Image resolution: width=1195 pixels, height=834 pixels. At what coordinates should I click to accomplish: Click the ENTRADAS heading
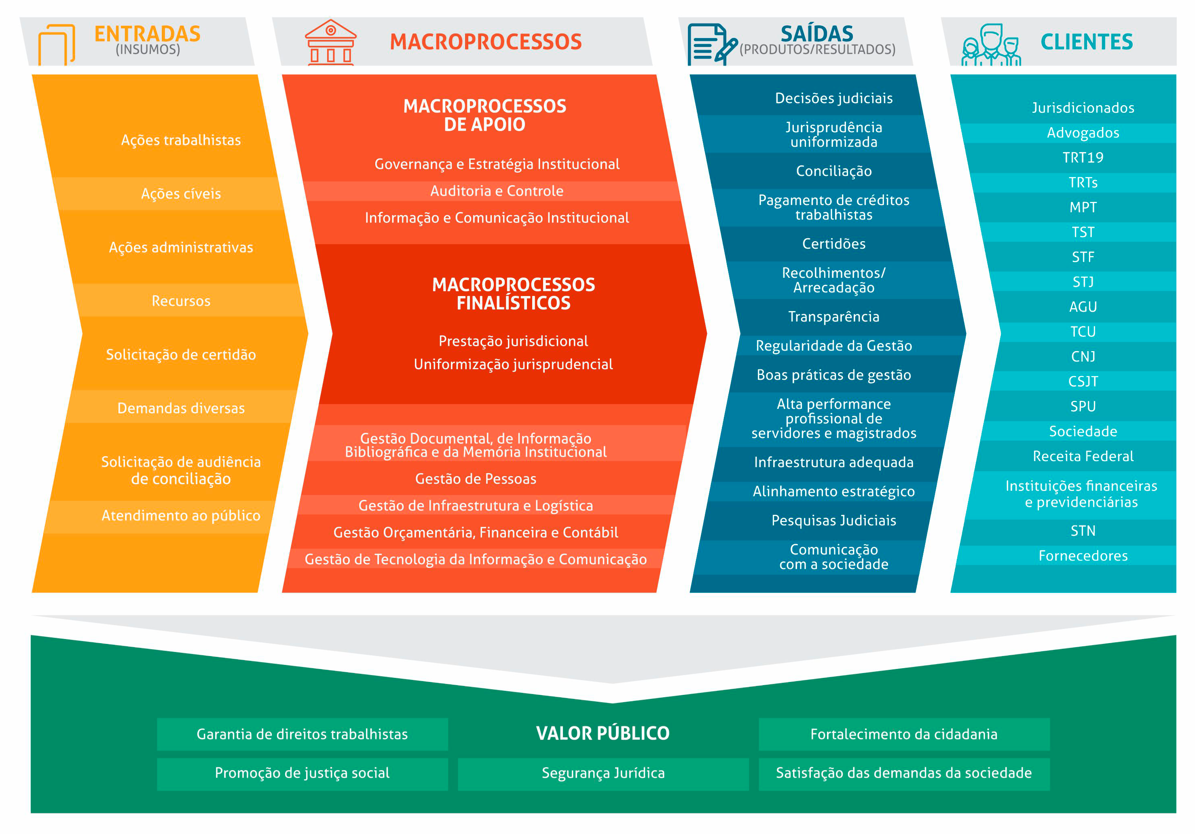tap(147, 34)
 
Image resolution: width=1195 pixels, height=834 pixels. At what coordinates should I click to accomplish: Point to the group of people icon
tap(991, 45)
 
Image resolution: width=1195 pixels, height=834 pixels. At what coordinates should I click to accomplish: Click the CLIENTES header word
tap(1087, 42)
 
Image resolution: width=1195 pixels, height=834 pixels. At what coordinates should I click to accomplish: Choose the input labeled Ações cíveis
tap(181, 194)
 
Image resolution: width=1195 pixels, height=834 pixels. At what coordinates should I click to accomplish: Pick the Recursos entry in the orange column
tap(181, 301)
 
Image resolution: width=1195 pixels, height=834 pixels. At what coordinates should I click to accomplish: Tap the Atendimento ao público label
tap(181, 515)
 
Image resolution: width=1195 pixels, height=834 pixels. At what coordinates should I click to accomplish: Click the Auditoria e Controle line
tap(497, 191)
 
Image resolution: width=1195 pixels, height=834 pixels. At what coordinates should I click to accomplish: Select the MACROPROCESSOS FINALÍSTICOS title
tap(514, 294)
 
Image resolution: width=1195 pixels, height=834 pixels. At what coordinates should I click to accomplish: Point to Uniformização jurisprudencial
tap(514, 364)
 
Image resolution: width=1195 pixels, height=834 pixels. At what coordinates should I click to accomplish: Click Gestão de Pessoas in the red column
tap(476, 479)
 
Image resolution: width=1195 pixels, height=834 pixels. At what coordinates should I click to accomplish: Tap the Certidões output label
tap(834, 243)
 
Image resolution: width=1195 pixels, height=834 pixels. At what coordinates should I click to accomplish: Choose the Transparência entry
tap(834, 317)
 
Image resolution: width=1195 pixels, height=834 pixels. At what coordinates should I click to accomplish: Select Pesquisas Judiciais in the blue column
tap(834, 521)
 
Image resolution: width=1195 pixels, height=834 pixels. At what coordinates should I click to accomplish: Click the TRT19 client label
tap(1083, 157)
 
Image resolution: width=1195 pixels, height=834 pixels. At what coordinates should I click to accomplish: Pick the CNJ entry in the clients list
tap(1083, 357)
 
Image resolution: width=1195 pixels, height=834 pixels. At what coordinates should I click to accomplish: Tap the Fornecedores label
tap(1083, 555)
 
